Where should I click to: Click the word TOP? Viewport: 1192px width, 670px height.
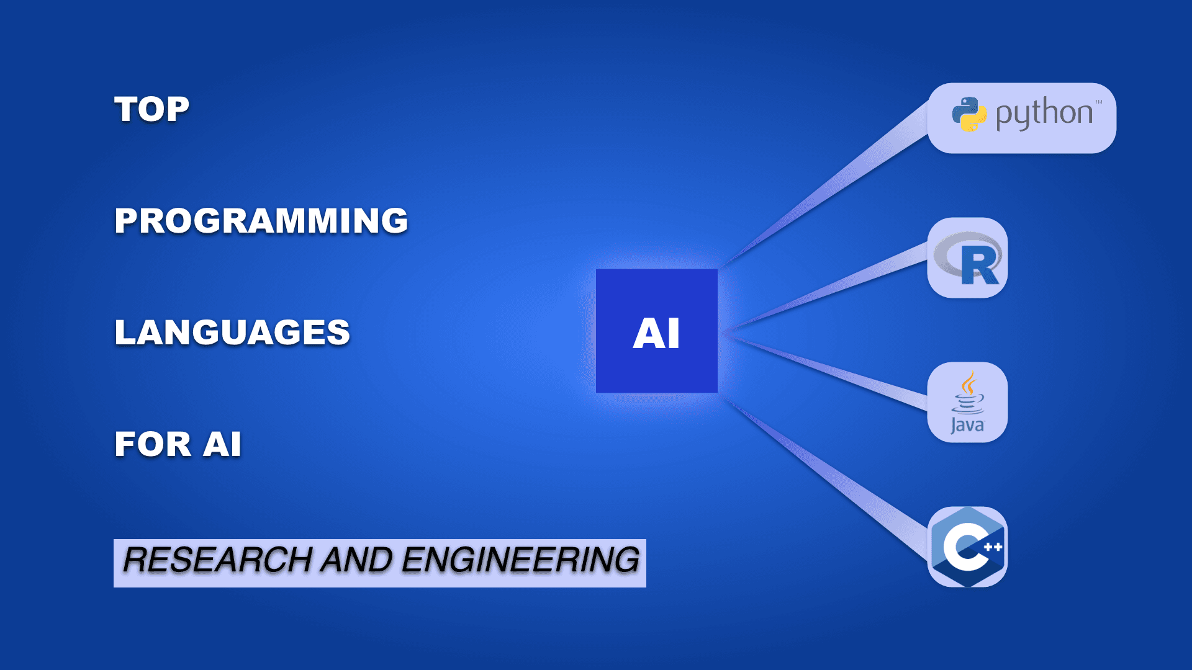152,110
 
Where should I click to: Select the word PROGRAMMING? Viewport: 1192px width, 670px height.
261,221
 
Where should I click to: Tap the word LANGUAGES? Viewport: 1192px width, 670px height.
232,333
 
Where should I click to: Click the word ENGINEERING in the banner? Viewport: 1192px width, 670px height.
521,560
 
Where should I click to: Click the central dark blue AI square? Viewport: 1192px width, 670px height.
657,331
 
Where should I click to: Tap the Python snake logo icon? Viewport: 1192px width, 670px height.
969,114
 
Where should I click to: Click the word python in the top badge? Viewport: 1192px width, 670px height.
1044,114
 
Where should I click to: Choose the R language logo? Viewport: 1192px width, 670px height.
968,258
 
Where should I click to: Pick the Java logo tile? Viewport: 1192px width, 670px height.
967,402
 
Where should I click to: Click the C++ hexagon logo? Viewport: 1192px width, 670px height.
967,547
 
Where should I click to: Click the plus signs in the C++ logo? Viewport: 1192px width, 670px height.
993,547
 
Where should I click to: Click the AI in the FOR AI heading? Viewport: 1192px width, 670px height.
222,444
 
